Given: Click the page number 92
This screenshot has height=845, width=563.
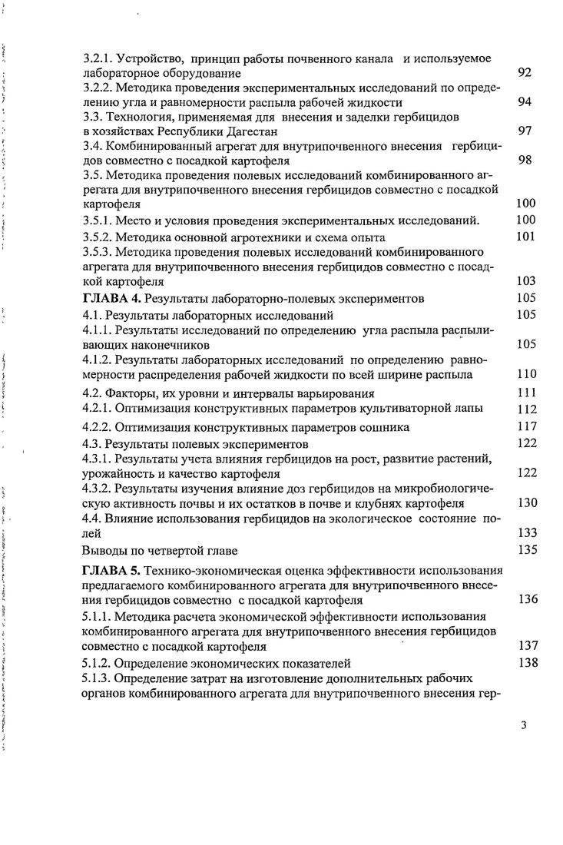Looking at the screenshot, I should click(x=525, y=73).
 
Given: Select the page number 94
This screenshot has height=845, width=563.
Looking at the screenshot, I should click(x=525, y=102).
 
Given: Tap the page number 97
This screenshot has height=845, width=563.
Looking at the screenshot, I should click(x=525, y=131).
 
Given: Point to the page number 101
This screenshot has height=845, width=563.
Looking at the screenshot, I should click(x=525, y=237).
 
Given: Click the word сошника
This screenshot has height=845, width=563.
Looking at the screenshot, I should click(x=384, y=426).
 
